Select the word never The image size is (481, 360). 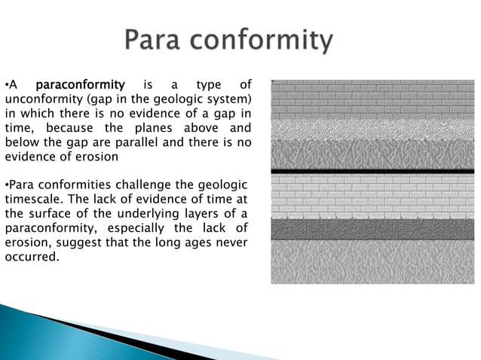pyautogui.click(x=234, y=243)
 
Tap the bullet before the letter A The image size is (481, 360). pyautogui.click(x=7, y=84)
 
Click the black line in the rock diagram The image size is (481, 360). pyautogui.click(x=372, y=172)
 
